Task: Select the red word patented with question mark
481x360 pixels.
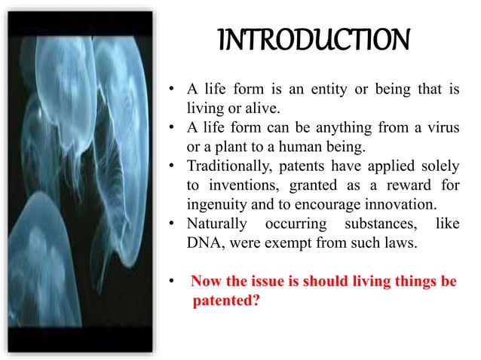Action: [x=222, y=301]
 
